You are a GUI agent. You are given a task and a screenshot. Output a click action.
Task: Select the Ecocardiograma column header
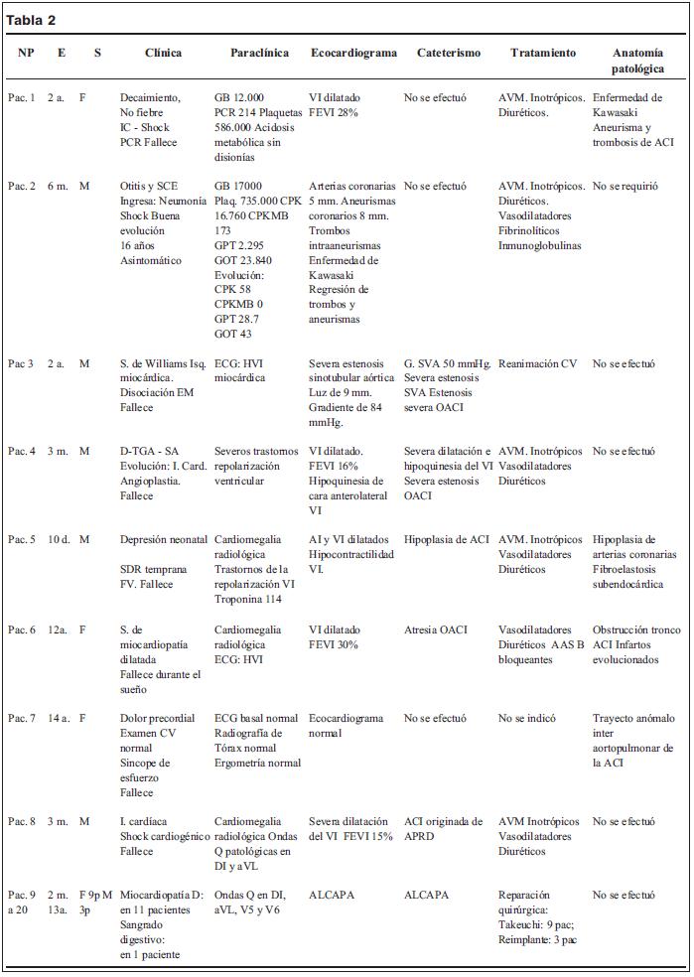coord(352,52)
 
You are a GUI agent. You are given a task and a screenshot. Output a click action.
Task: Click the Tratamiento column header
coord(542,52)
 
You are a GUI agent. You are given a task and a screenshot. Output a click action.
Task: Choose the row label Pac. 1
coord(22,98)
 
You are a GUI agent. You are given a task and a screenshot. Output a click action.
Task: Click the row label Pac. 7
coord(22,718)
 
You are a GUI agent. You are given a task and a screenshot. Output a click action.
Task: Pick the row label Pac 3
coord(21,363)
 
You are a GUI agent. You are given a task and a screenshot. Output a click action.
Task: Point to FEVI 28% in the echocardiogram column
coord(334,113)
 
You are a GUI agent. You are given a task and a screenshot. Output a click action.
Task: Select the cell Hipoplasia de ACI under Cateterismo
coord(447,540)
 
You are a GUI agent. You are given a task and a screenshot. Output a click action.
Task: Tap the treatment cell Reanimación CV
coord(537,363)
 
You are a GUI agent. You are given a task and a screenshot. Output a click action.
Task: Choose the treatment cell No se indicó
coord(527,718)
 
